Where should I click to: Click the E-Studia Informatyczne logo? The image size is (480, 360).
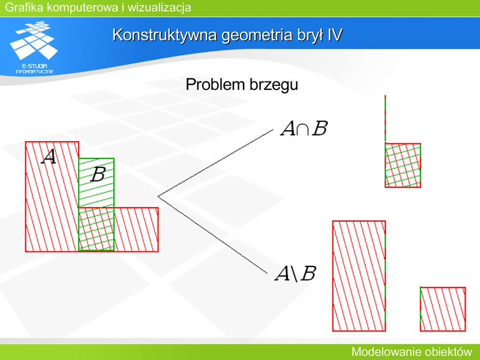34,47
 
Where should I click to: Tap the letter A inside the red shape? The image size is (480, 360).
49,157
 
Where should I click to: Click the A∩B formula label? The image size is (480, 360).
304,128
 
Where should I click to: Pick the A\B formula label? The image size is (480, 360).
295,274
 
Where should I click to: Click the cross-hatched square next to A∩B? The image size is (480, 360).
403,165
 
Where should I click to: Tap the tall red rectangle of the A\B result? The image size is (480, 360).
359,276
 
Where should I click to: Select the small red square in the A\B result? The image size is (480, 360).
443,309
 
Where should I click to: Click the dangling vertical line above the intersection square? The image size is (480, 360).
385,119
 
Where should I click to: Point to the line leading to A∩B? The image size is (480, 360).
215,163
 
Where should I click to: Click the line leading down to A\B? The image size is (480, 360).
212,235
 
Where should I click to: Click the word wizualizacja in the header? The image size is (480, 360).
159,7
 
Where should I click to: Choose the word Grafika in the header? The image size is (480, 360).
24,7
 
